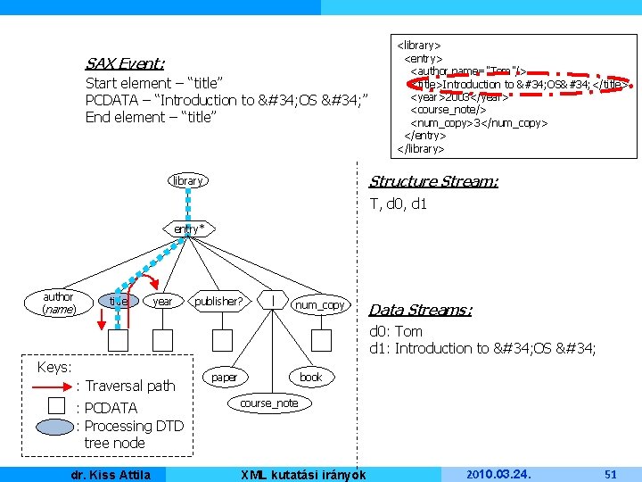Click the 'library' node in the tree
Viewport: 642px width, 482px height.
pos(187,181)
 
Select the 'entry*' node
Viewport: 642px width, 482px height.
pos(189,229)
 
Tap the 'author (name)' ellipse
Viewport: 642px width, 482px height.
pos(58,303)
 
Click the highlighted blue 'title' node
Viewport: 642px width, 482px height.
pos(118,302)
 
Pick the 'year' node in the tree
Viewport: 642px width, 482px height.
pos(162,302)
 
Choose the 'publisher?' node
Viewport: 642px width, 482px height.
pos(218,302)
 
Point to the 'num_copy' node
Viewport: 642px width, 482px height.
pos(320,305)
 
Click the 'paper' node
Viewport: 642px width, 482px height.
pos(225,378)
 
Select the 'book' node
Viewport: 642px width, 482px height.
pos(310,378)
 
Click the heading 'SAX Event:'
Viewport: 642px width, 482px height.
pos(124,63)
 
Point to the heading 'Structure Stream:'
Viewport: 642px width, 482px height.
pos(433,181)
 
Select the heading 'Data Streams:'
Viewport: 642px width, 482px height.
pos(420,310)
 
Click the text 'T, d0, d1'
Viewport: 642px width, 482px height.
pos(399,204)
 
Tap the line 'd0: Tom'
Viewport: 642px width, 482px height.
pos(396,332)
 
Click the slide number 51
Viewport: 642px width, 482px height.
pos(610,474)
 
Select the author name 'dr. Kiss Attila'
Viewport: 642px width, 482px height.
pos(111,474)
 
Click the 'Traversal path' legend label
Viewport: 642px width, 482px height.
pos(130,386)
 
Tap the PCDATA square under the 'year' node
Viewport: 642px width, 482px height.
pos(162,340)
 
